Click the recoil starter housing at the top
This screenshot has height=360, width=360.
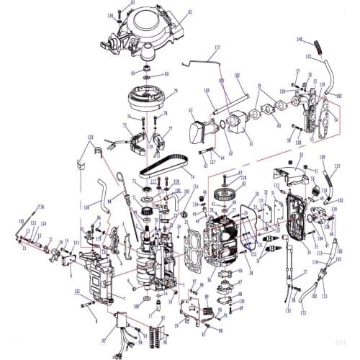click(148, 32)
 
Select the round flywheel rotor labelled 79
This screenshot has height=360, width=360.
click(151, 98)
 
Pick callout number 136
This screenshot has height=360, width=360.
click(41, 207)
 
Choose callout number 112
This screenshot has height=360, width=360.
click(302, 313)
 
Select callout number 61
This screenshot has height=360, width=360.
click(251, 143)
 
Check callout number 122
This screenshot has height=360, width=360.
click(91, 137)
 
